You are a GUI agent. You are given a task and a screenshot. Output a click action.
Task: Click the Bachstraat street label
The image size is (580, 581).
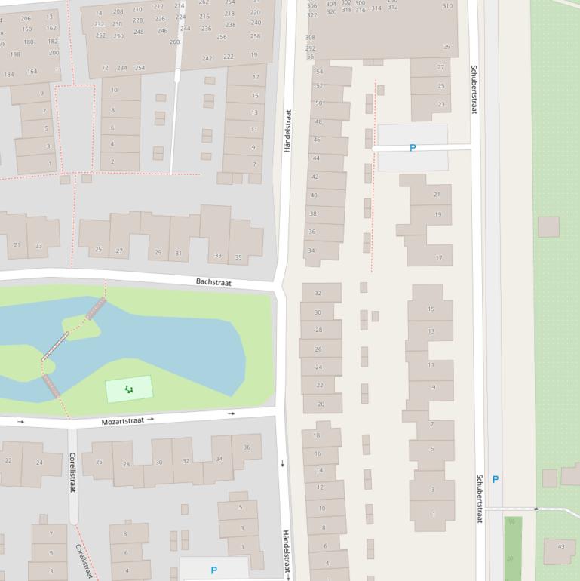click(x=213, y=282)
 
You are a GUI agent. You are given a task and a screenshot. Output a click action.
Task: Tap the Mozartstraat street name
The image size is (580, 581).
click(x=122, y=420)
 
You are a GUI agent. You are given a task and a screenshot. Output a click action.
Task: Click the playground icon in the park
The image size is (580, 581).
click(x=129, y=389)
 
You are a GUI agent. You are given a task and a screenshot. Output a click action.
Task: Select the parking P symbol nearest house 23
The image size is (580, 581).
click(x=412, y=148)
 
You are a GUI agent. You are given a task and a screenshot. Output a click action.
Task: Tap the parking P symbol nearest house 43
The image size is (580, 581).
click(x=495, y=479)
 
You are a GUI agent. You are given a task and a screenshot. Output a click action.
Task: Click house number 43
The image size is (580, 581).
click(x=560, y=546)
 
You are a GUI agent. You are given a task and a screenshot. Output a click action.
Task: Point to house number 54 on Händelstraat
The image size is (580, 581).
click(x=319, y=72)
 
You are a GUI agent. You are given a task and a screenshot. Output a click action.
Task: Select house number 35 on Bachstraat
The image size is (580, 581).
click(x=238, y=257)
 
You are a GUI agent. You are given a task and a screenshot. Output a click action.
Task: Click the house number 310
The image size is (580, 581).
click(x=447, y=6)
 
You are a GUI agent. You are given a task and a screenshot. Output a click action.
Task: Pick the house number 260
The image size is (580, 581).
click(x=175, y=42)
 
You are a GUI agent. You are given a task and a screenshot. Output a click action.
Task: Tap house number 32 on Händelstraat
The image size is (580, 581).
click(x=318, y=294)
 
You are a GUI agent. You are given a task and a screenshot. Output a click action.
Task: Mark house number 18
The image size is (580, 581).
click(x=317, y=435)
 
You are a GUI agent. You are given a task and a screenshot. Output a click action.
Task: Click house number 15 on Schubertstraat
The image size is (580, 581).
click(x=431, y=309)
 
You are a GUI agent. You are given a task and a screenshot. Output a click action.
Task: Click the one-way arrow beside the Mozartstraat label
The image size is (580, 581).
click(x=151, y=418)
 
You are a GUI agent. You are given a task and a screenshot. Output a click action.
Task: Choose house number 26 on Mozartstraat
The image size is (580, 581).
click(x=99, y=462)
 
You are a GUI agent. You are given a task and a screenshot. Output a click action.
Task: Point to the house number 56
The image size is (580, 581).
click(x=310, y=57)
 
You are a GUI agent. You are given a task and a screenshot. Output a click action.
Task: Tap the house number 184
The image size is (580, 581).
click(x=9, y=74)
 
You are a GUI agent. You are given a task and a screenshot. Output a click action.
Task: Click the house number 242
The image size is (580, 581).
click(x=207, y=58)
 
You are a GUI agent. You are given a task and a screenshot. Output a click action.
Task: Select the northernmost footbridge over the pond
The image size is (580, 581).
click(x=96, y=308)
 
